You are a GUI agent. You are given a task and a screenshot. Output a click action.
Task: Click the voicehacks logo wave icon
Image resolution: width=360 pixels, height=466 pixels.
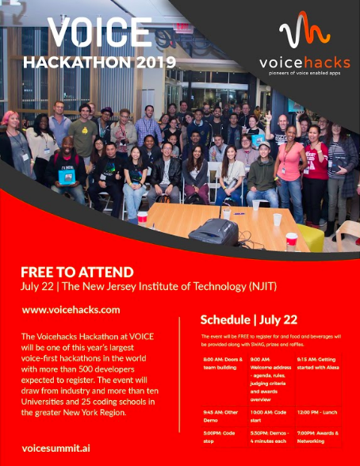304,33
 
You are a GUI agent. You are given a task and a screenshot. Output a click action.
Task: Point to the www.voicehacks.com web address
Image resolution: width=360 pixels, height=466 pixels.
71,310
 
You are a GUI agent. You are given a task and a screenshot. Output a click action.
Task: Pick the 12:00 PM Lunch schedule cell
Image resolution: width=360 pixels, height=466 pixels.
317,412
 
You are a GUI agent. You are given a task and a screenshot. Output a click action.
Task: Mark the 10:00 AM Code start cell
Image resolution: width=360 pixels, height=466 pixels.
267,412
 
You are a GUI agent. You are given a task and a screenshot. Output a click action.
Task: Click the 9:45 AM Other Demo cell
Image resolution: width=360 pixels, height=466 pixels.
214,412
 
